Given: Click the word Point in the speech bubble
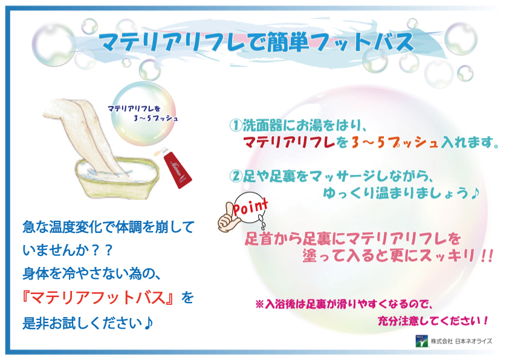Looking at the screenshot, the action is [x=251, y=208].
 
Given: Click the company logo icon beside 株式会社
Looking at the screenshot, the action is [x=422, y=341].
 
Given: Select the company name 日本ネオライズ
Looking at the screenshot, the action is [x=473, y=341].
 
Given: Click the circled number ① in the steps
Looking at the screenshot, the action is [x=236, y=125].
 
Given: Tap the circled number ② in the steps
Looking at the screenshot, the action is [x=236, y=176].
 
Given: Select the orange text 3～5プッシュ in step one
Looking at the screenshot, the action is [x=395, y=142].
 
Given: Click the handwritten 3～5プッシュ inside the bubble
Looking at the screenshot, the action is [x=155, y=119].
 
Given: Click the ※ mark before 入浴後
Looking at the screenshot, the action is [x=260, y=304].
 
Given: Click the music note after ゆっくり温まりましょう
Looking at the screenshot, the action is [x=475, y=194].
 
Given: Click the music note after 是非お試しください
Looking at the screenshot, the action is [x=148, y=322].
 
